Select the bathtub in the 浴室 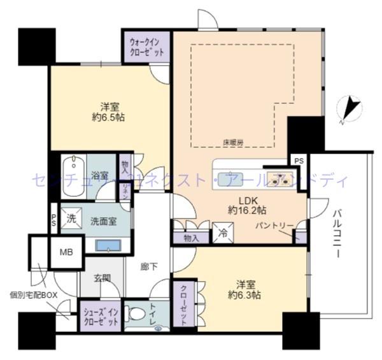pyautogui.click(x=74, y=167)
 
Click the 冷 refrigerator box pyautogui.click(x=223, y=233)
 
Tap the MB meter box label pyautogui.click(x=66, y=252)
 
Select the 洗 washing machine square pyautogui.click(x=71, y=217)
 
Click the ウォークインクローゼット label pyautogui.click(x=146, y=47)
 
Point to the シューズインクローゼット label pyautogui.click(x=101, y=317)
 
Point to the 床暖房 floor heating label pyautogui.click(x=233, y=143)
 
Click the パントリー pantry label pyautogui.click(x=274, y=226)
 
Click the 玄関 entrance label pyautogui.click(x=103, y=278)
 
